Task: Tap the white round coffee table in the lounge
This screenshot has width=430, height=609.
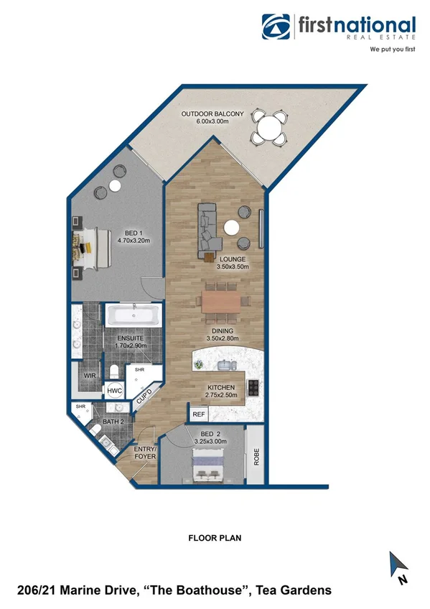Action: (232, 228)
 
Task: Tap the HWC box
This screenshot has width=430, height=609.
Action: (115, 390)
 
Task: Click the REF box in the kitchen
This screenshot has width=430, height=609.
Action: (197, 414)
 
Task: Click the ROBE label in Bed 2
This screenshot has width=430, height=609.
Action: (256, 457)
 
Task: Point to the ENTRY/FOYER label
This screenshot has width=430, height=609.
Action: (146, 452)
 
